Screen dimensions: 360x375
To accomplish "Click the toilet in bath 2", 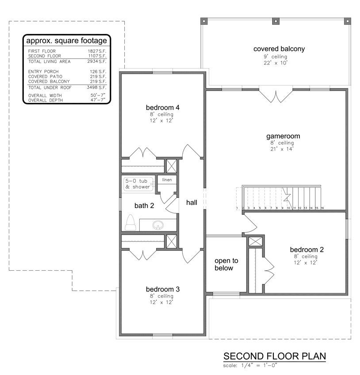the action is click(x=130, y=223).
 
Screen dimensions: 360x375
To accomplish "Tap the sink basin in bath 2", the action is click(x=158, y=225).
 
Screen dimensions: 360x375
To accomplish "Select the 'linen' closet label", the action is click(x=167, y=180).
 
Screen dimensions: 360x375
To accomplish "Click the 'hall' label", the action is click(x=191, y=203).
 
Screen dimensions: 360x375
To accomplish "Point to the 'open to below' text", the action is click(x=226, y=264).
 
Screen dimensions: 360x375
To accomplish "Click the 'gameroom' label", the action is click(x=283, y=136).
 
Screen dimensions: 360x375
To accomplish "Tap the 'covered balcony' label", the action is click(x=279, y=49).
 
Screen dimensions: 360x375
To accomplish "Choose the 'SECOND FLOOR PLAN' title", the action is click(x=275, y=356).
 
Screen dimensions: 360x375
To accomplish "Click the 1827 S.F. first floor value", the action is click(x=97, y=51).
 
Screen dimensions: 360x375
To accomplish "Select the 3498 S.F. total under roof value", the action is click(x=96, y=87).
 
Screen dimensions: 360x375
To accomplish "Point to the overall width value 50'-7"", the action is click(x=98, y=95).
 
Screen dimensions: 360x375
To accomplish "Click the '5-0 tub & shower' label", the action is click(x=138, y=184).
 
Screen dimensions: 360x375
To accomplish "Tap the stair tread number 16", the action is click(x=322, y=208).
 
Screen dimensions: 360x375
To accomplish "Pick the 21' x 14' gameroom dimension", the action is click(x=282, y=149).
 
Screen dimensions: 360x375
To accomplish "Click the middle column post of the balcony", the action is click(x=276, y=21).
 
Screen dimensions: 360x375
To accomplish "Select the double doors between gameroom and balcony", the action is click(x=276, y=96).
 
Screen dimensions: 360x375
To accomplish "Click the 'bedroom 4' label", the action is click(x=163, y=108).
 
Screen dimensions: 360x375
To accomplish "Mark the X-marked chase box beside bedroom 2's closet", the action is click(x=256, y=242).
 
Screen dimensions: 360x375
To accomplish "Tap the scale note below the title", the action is click(x=250, y=365).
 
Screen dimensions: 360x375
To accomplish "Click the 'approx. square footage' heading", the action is click(x=67, y=41).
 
